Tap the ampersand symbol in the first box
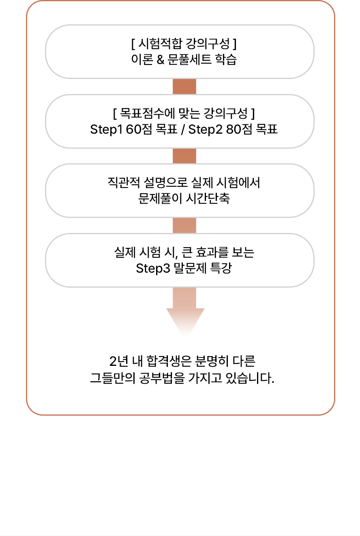pyautogui.click(x=160, y=60)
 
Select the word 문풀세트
pyautogui.click(x=189, y=60)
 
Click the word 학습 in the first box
pyautogui.click(x=226, y=60)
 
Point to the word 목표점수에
pyautogui.click(x=147, y=113)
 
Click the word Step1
pyautogui.click(x=106, y=130)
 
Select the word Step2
pyautogui.click(x=205, y=130)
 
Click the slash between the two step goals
pyautogui.click(x=183, y=130)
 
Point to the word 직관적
pyautogui.click(x=124, y=183)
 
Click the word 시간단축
pyautogui.click(x=208, y=199)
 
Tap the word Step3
pyautogui.click(x=153, y=268)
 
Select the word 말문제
pyautogui.click(x=190, y=268)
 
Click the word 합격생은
pyautogui.click(x=169, y=361)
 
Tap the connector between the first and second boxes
pyautogui.click(x=184, y=86)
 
